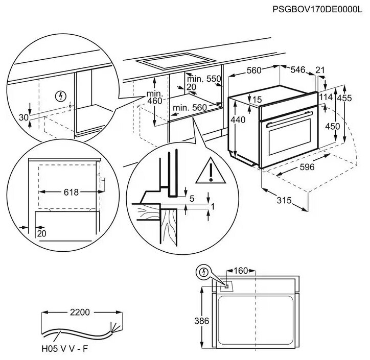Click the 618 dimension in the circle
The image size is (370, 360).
(72, 192)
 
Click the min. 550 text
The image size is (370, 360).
(203, 79)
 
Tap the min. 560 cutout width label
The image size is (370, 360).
(189, 107)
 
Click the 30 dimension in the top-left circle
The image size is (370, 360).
(23, 117)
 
